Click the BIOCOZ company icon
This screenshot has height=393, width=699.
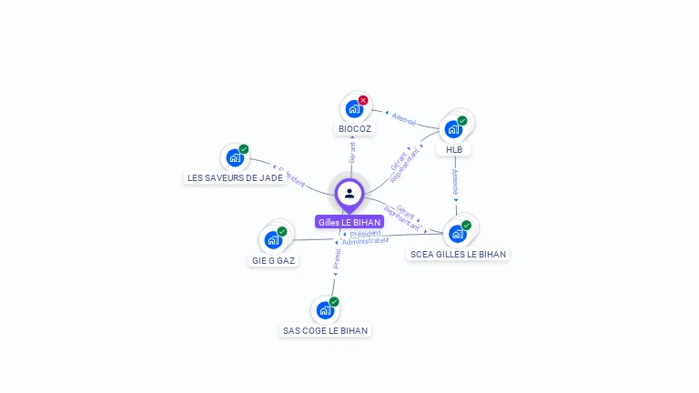pos(354,109)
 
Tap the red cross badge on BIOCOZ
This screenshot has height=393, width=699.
pos(363,100)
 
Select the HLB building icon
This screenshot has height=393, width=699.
pos(453,128)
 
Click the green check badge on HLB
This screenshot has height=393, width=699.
pos(462,120)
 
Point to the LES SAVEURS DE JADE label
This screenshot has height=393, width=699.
pos(235,178)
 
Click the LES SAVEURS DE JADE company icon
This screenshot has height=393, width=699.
pos(235,157)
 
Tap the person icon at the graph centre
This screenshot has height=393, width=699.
pos(349,193)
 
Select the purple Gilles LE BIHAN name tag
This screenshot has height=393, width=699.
pos(349,222)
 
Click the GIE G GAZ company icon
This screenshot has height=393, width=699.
pos(273,240)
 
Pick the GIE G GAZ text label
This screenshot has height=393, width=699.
pos(274,260)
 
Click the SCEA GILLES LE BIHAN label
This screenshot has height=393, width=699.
pos(458,254)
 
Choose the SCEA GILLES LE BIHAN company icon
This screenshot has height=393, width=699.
pos(458,233)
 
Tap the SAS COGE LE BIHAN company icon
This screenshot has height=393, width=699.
pos(325,310)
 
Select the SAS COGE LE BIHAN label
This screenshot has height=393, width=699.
pos(325,330)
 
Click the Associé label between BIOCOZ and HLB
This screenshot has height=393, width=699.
pos(404,119)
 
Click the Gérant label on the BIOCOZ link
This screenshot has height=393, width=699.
pos(352,153)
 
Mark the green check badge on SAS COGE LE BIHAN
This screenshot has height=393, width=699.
pos(334,301)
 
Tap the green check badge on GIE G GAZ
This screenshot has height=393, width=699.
pos(282,231)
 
